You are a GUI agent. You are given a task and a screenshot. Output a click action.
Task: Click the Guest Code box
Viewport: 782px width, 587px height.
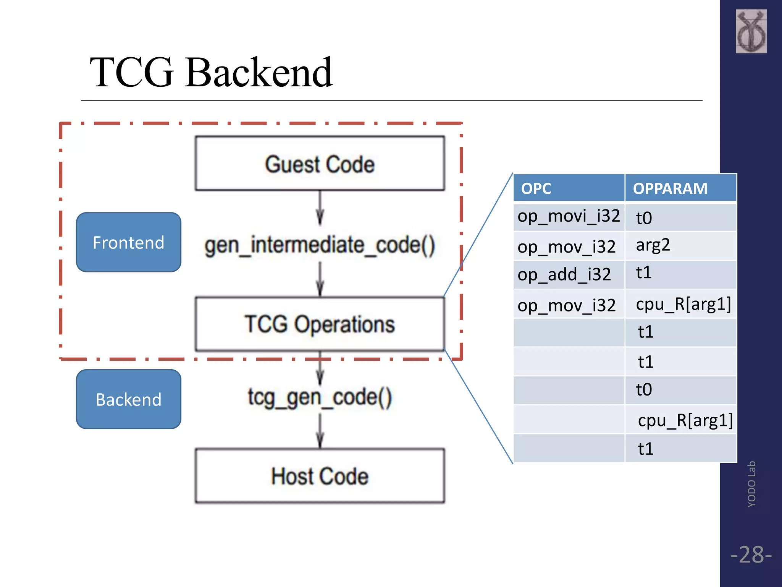click(x=320, y=164)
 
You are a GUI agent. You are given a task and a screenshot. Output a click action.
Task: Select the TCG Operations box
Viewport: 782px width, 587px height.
click(x=320, y=324)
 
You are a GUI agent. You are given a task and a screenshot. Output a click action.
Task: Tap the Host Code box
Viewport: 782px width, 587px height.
click(x=320, y=476)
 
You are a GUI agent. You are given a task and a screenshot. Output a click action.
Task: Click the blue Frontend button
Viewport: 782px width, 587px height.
click(x=129, y=242)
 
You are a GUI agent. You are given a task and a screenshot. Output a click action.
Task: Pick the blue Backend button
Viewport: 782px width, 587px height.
click(x=129, y=399)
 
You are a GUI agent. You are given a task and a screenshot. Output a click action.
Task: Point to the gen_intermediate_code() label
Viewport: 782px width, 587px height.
click(x=320, y=245)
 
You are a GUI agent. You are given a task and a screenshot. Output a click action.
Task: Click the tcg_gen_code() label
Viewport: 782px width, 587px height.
click(x=320, y=397)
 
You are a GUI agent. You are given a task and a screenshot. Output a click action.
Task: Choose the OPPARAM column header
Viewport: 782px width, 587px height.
click(x=680, y=188)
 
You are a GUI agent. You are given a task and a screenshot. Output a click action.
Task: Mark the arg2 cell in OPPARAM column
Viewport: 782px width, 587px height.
click(x=680, y=245)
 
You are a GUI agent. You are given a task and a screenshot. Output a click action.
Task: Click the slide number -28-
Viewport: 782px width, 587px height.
click(x=751, y=555)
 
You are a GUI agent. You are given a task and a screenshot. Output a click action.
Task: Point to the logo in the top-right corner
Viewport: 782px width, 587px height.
click(x=751, y=31)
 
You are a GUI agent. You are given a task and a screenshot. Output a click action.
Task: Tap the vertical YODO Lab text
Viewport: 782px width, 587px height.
click(x=751, y=484)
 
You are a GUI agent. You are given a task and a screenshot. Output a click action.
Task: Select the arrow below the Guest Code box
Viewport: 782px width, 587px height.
click(x=320, y=208)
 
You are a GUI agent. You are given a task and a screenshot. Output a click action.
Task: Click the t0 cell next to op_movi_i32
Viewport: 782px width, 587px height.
click(x=680, y=217)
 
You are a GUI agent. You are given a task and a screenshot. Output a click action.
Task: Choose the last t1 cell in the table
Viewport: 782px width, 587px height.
click(x=680, y=448)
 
